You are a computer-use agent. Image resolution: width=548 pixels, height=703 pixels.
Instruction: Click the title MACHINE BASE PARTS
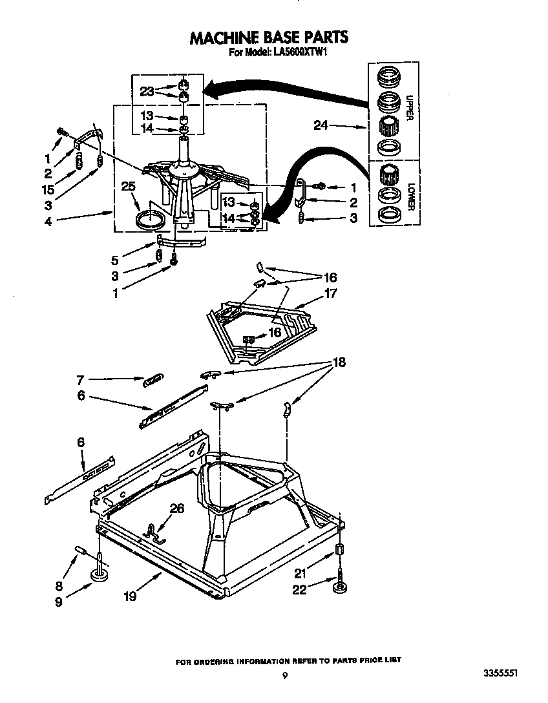(x=269, y=38)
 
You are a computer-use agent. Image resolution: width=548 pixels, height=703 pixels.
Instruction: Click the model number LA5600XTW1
(x=297, y=54)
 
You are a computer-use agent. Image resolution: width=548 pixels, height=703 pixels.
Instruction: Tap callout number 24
(x=321, y=126)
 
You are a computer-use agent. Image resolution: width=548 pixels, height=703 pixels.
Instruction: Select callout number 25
(x=129, y=187)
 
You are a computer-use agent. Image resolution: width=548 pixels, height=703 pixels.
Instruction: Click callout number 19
(x=130, y=596)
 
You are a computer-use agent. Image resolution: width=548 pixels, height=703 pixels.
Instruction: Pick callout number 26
(x=176, y=509)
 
